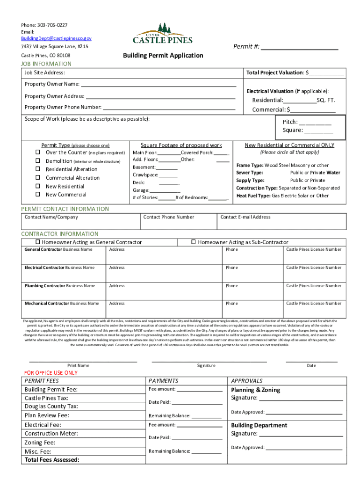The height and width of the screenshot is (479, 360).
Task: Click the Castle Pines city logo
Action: tap(163, 34)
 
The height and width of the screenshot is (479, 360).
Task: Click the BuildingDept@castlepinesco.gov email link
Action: tap(56, 38)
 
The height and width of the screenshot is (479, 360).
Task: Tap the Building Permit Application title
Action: tap(163, 56)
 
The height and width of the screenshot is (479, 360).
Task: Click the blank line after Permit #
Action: tap(299, 47)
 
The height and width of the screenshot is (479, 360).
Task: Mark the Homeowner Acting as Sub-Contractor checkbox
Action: tap(194, 242)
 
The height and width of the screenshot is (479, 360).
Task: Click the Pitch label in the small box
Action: tap(290, 122)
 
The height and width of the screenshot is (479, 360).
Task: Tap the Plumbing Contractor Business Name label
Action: tap(60, 286)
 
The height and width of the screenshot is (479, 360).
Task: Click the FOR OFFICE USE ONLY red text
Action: tap(51, 373)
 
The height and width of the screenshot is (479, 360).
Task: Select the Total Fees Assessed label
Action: tap(52, 460)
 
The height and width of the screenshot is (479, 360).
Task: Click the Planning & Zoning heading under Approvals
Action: tap(256, 390)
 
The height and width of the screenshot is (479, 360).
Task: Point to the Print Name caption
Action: tap(78, 365)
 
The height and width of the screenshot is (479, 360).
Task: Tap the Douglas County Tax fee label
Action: tap(51, 406)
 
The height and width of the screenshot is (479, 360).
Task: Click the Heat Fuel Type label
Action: tap(253, 196)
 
